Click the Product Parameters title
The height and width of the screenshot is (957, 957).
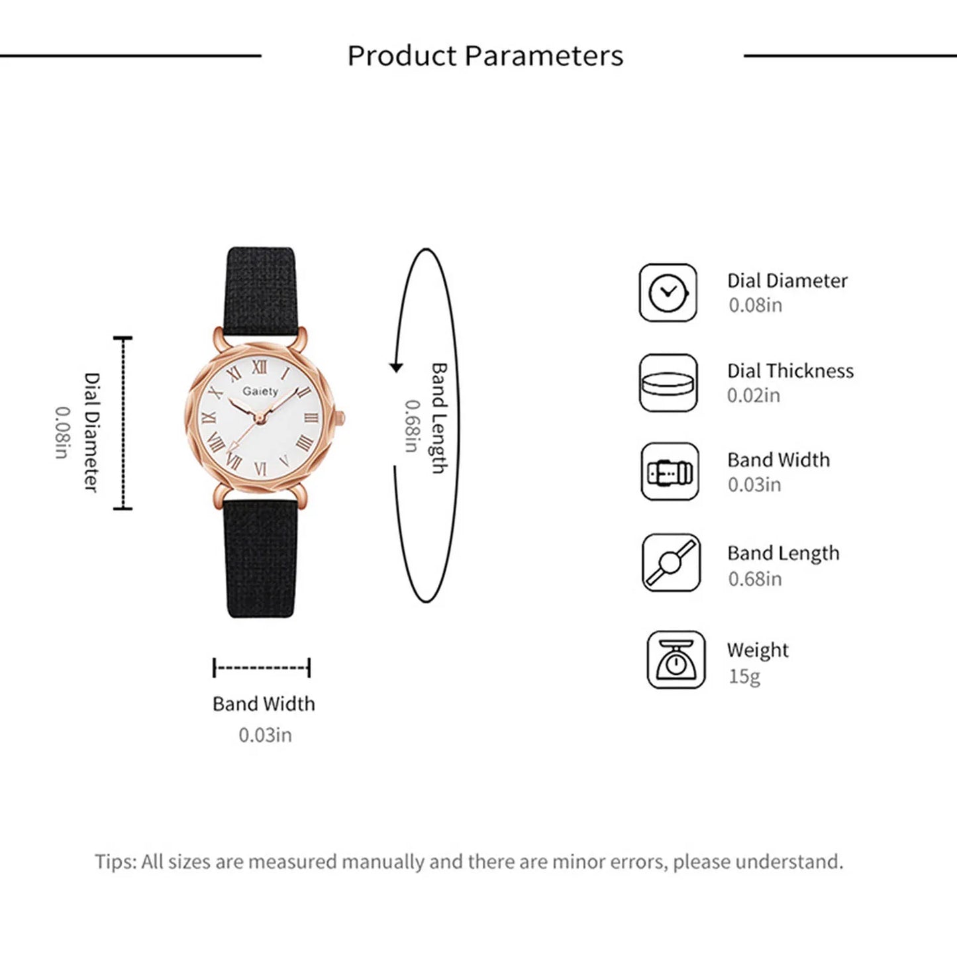(485, 56)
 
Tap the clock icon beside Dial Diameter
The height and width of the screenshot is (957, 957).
(668, 293)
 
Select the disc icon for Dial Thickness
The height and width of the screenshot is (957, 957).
(668, 383)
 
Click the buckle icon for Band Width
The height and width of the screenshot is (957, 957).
(670, 472)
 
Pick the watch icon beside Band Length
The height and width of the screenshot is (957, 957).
(671, 562)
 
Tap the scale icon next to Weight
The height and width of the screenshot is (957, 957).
(676, 660)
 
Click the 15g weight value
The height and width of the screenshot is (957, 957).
(744, 676)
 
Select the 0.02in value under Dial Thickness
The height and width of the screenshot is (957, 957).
(753, 395)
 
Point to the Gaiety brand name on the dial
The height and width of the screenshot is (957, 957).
(260, 391)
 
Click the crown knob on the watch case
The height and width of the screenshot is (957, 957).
(340, 419)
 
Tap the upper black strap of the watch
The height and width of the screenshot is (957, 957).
(260, 288)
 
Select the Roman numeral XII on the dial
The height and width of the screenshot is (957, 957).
(260, 367)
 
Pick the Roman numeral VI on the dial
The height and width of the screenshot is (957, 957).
(260, 468)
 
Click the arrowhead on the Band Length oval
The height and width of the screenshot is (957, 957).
(396, 367)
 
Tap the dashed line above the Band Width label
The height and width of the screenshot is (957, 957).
(262, 668)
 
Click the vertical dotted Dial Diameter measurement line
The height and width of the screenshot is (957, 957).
(123, 423)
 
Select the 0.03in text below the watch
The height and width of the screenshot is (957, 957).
(265, 735)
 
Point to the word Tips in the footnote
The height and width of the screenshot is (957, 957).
(115, 862)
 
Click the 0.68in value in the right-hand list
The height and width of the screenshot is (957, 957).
(754, 579)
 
